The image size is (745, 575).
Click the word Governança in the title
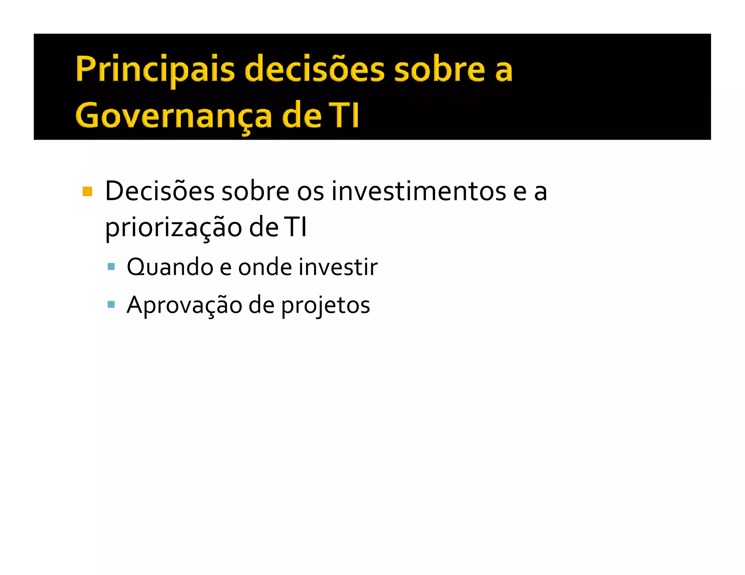click(x=174, y=116)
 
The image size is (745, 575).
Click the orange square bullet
click(x=87, y=191)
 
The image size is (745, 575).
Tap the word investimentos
click(x=418, y=191)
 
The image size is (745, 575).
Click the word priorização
click(x=174, y=228)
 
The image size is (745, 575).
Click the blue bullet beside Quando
click(x=111, y=267)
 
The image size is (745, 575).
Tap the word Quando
click(x=170, y=267)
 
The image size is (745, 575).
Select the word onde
click(x=265, y=267)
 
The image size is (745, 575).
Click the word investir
click(x=338, y=267)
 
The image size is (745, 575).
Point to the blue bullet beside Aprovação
click(x=111, y=304)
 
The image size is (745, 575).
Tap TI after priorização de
click(x=295, y=228)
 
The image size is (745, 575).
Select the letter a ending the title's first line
click(x=504, y=70)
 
